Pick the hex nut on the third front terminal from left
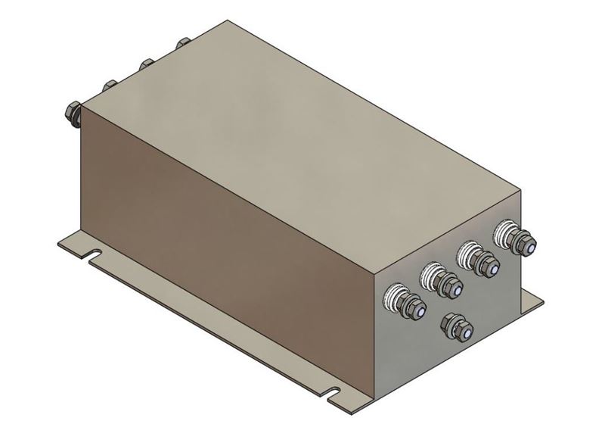(x=483, y=264)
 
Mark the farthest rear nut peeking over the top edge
(x=181, y=43)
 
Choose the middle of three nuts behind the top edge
(x=144, y=63)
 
